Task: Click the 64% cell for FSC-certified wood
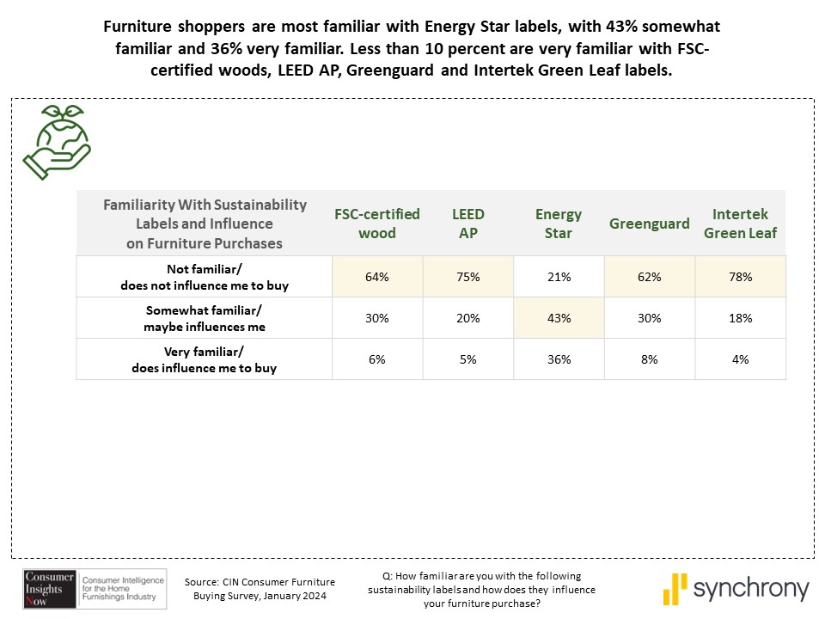(377, 277)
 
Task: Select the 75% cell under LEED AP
(468, 277)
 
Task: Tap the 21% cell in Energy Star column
(559, 277)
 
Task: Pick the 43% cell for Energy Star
(559, 318)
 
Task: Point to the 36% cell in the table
(559, 359)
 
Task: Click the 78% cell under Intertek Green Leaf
(740, 277)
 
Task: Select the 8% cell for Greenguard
(650, 359)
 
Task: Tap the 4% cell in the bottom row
(740, 359)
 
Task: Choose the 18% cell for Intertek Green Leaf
(740, 318)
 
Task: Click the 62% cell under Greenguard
(650, 277)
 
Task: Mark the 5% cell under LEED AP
(468, 359)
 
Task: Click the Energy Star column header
(559, 224)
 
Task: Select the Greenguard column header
(650, 224)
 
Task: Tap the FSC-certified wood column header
(377, 224)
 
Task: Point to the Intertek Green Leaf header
(740, 224)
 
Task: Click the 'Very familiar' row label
(205, 359)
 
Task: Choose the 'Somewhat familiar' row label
(205, 318)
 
